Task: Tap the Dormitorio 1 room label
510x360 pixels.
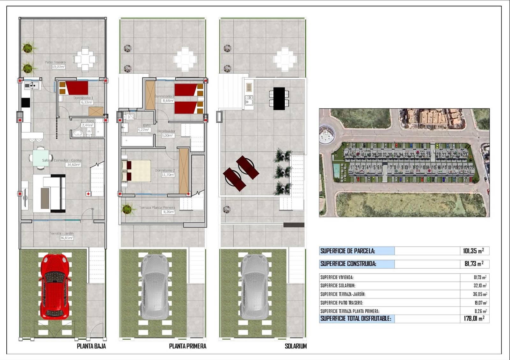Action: point(83,98)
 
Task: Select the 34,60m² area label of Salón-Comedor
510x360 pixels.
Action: point(74,165)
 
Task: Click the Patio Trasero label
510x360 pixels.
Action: point(55,62)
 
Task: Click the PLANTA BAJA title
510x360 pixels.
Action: point(91,346)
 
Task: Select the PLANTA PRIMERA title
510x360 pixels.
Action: point(187,346)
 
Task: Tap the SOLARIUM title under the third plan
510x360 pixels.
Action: point(295,346)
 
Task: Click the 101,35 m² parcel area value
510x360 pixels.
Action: point(473,251)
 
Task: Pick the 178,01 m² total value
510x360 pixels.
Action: point(474,318)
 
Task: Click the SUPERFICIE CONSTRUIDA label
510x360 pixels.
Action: point(348,264)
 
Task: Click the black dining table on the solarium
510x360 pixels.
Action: point(279,98)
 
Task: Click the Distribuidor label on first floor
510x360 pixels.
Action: point(166,131)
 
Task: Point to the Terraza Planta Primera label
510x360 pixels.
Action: point(157,207)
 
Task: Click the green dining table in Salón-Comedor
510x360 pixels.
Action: point(41,158)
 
